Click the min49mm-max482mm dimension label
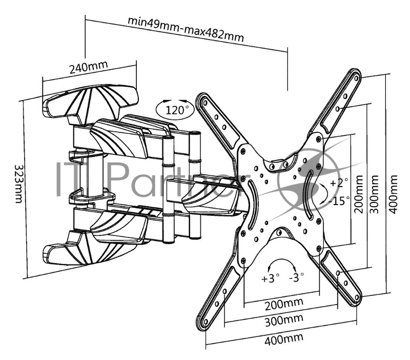pos(186,29)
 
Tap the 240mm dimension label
pos(89,68)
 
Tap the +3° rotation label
pos(270,278)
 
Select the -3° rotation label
pos(296,277)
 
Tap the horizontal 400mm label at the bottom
pos(283,338)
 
